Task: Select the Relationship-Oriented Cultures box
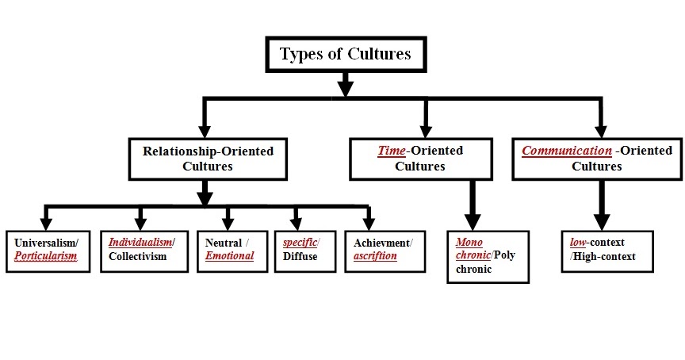(208, 159)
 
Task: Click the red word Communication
(566, 151)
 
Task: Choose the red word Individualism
(140, 242)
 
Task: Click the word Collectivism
(138, 256)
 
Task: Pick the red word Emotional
(229, 256)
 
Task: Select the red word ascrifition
(375, 256)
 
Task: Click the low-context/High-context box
(607, 250)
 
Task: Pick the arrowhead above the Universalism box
(46, 223)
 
